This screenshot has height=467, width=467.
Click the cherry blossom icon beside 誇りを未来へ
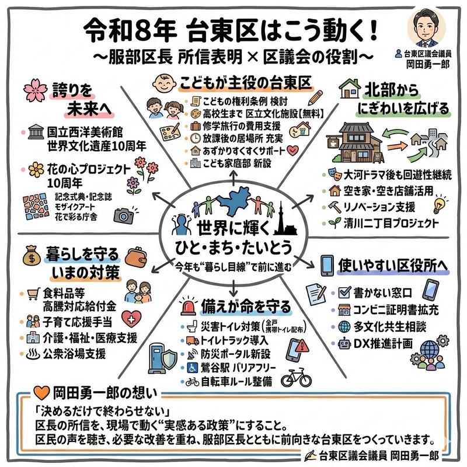(36, 90)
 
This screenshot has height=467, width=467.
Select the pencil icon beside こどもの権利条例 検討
(315, 97)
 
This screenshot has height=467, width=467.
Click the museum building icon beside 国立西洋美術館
(36, 133)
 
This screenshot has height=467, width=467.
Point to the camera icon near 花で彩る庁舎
(124, 215)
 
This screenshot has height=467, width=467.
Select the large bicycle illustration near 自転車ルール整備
(297, 377)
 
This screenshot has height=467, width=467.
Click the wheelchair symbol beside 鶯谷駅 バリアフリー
(192, 368)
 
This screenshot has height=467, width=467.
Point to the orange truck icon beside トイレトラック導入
(193, 340)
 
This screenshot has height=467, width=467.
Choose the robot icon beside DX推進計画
(344, 344)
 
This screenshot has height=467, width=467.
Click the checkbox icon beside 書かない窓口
(344, 292)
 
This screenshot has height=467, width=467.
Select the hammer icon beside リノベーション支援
(334, 207)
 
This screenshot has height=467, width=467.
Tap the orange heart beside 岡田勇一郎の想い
(41, 393)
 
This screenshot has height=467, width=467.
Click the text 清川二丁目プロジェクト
(391, 223)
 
